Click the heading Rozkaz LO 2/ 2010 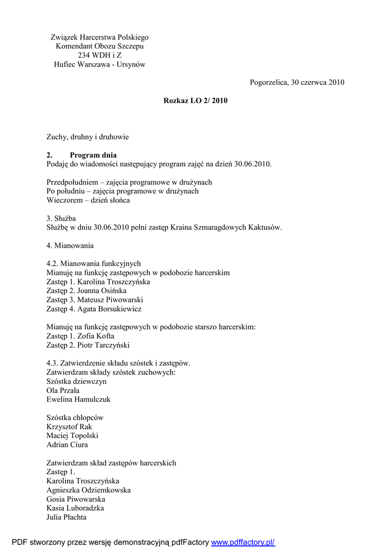tap(195, 100)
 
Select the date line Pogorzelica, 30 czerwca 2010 tap(297, 83)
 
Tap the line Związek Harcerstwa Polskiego tap(99, 37)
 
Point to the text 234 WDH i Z tap(99, 55)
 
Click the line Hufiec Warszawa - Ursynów tap(99, 64)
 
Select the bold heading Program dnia tap(93, 155)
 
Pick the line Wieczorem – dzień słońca tap(88, 200)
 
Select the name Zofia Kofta tap(96, 336)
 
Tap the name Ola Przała tap(63, 390)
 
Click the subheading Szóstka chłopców tap(75, 417)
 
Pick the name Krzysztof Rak tap(70, 427)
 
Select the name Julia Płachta tap(66, 517)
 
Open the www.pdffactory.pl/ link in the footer tap(243, 542)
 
